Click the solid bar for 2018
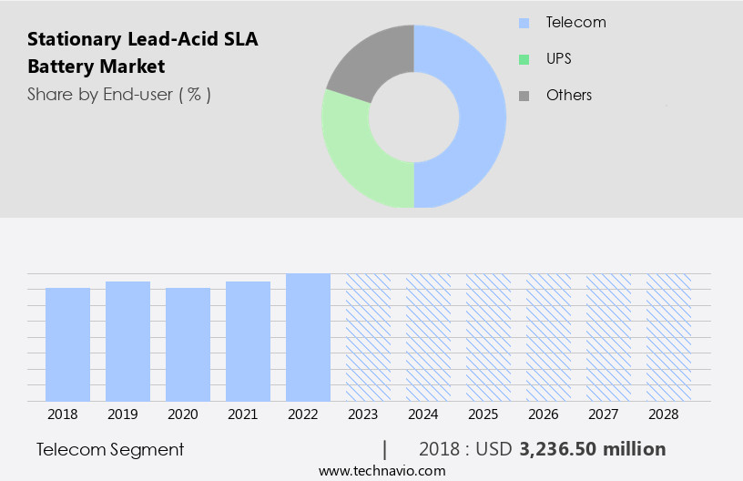pos(67,344)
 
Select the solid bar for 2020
pos(188,344)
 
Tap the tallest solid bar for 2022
pos(308,337)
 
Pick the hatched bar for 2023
pos(368,337)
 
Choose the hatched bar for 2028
pos(668,337)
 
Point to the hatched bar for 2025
pos(488,337)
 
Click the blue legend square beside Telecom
pos(524,23)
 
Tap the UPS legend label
pos(559,59)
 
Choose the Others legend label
pos(568,95)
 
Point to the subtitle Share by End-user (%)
pos(118,94)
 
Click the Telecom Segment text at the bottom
pos(110,449)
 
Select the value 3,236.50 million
pos(592,449)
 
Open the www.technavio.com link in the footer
pos(382,470)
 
